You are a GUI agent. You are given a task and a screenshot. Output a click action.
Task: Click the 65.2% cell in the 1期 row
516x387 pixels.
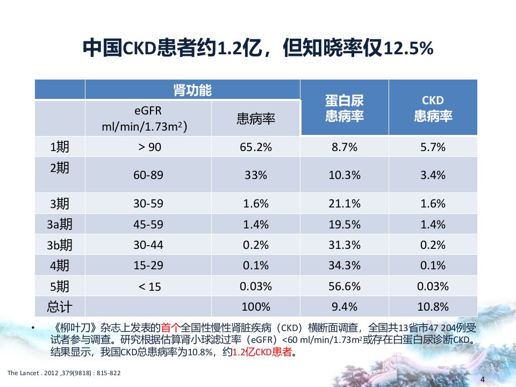[x=256, y=147]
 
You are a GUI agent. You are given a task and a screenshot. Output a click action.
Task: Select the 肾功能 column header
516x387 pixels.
[x=192, y=90]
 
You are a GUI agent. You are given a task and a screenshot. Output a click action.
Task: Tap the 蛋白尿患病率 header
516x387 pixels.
[x=345, y=108]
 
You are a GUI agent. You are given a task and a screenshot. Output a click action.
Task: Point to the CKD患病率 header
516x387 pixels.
[x=433, y=108]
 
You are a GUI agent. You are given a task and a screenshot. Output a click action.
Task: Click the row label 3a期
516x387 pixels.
[x=60, y=224]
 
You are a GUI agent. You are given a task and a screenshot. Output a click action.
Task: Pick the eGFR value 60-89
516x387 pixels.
[x=148, y=175]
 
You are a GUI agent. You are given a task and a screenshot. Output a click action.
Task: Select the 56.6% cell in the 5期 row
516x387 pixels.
[x=345, y=286]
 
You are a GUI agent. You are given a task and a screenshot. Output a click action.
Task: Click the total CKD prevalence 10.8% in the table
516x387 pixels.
[x=433, y=307]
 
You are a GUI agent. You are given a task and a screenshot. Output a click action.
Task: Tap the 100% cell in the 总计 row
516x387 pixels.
[x=256, y=307]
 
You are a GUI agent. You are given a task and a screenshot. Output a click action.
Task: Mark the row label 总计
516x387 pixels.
[x=60, y=307]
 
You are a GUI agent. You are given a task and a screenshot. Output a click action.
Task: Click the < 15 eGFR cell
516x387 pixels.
[x=150, y=286]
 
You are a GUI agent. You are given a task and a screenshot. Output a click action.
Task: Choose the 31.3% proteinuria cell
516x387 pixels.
[x=345, y=245]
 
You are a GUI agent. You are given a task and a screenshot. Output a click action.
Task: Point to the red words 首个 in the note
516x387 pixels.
[x=170, y=327]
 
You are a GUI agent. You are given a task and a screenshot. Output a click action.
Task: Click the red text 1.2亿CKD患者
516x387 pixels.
[x=262, y=352]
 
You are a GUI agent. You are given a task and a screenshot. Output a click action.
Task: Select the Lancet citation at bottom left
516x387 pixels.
[x=64, y=373]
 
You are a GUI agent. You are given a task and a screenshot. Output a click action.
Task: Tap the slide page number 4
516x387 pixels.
[x=483, y=379]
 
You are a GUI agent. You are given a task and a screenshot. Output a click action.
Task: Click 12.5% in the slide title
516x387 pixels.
[x=408, y=48]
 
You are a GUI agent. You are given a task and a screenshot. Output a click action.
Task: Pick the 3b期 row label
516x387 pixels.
[x=60, y=245]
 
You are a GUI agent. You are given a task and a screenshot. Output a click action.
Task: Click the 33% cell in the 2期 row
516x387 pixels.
[x=256, y=175]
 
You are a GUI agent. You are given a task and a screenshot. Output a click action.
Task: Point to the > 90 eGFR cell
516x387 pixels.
[x=150, y=147]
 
